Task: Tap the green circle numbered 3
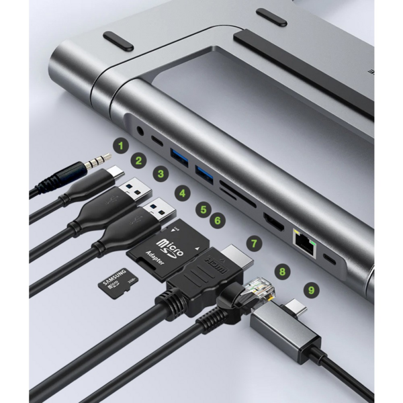161,174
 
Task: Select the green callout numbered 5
203,210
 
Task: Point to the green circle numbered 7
253,240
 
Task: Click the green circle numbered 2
139,161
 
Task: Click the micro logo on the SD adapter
169,247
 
